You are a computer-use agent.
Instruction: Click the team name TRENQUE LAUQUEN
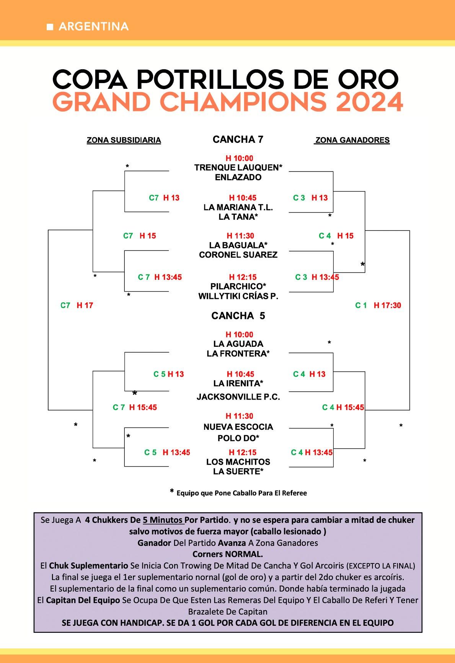[x=236, y=168]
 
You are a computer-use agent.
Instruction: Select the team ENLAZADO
[x=238, y=177]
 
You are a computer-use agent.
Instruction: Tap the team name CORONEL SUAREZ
[x=238, y=255]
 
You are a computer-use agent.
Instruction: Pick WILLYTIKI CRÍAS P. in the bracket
[x=238, y=296]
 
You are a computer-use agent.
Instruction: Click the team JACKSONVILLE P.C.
[x=238, y=397]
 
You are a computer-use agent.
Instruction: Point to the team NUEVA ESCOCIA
[x=238, y=427]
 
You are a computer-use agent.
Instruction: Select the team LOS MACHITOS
[x=238, y=462]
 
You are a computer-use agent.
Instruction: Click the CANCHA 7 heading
[x=238, y=140]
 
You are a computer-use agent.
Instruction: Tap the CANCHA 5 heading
[x=238, y=316]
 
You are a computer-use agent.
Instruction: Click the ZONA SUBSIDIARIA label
[x=124, y=140]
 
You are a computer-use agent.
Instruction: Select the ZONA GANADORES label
[x=352, y=140]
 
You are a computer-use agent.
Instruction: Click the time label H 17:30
[x=387, y=305]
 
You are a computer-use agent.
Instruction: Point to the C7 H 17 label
[x=77, y=305]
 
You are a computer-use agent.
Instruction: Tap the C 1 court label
[x=361, y=305]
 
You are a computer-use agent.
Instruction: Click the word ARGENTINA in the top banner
[x=94, y=26]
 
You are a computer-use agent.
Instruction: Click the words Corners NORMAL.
[x=227, y=554]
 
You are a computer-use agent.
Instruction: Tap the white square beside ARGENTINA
[x=50, y=27]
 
